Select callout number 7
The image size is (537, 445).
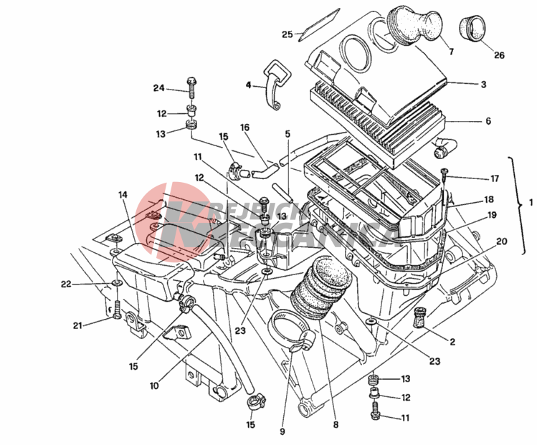coord(452,52)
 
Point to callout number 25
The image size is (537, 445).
coord(287,34)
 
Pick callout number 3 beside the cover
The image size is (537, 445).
coord(484,84)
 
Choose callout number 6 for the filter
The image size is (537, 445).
coord(488,121)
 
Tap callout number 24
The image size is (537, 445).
coord(158,88)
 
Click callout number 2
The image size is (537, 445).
coord(453,342)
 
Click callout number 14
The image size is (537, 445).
coord(123,194)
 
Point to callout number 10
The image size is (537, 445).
coord(154,386)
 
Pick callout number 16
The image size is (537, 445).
coord(244,128)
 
